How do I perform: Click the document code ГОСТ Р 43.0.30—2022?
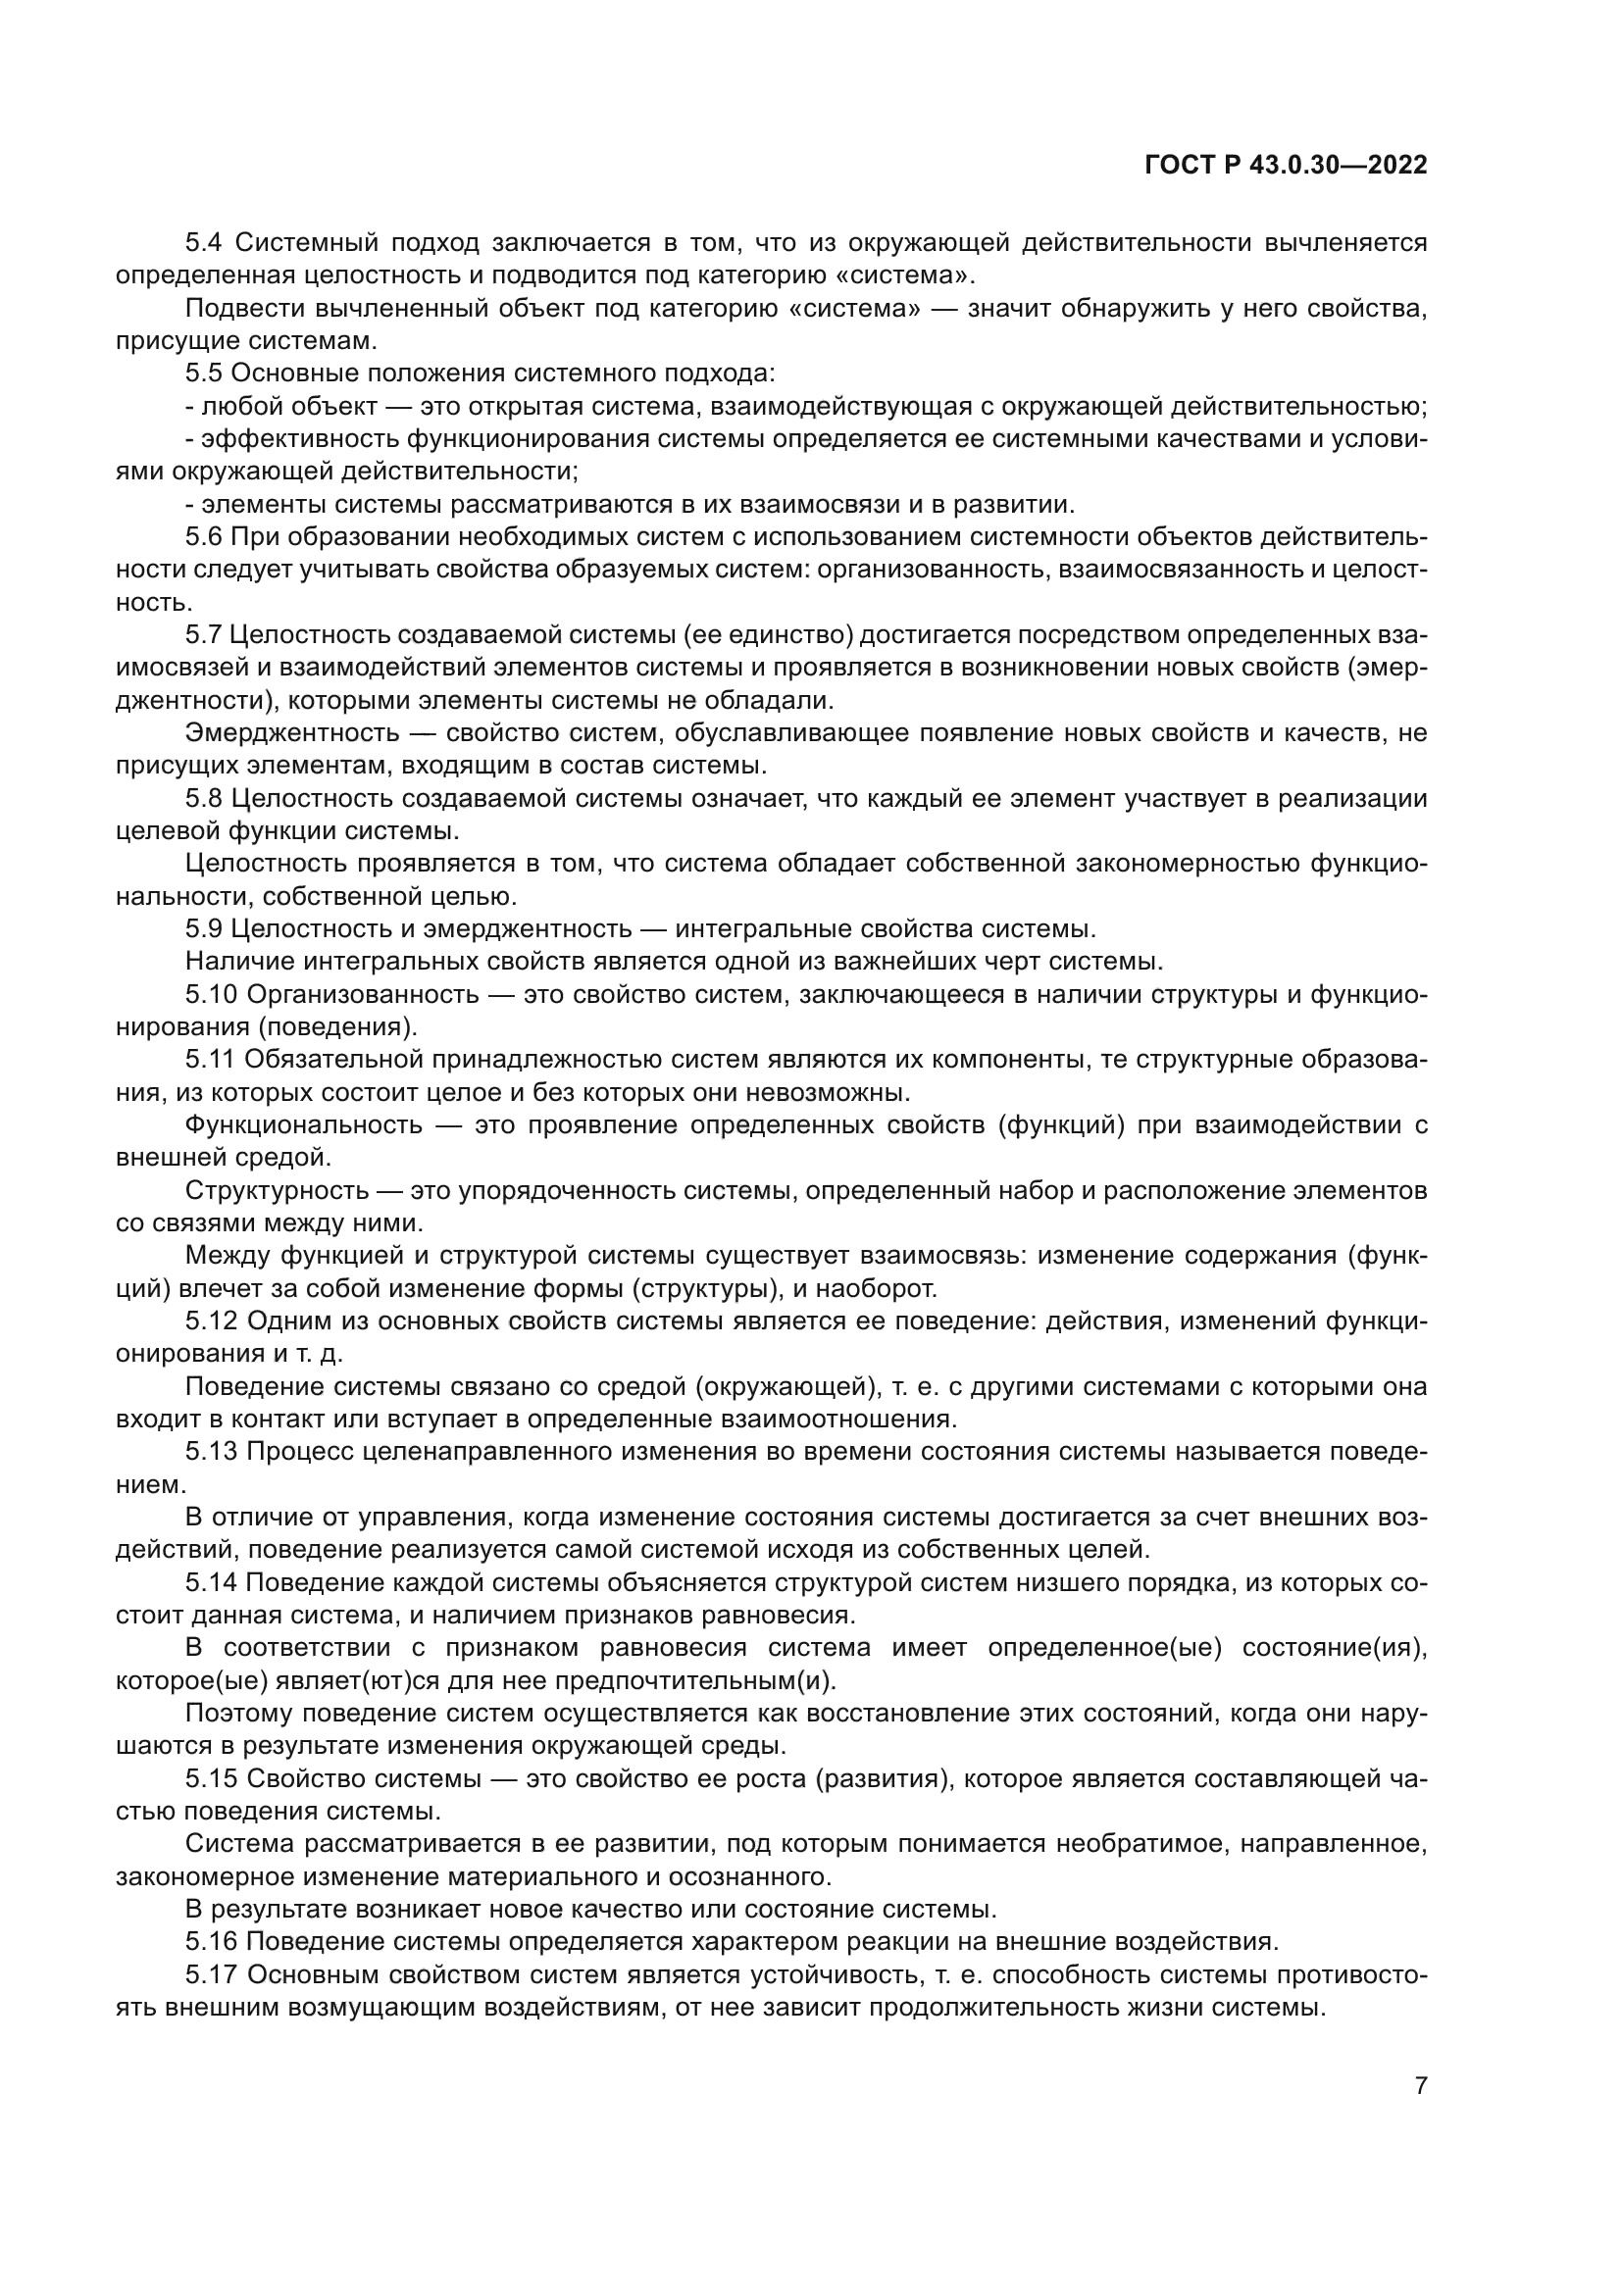(1286, 166)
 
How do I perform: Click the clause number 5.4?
(204, 243)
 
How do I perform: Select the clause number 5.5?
(204, 374)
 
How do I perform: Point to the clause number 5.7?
(204, 634)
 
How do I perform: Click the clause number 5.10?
(211, 994)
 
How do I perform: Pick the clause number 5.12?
(211, 1321)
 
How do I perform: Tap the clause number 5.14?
(211, 1582)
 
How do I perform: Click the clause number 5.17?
(211, 1973)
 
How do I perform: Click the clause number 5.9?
(204, 928)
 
